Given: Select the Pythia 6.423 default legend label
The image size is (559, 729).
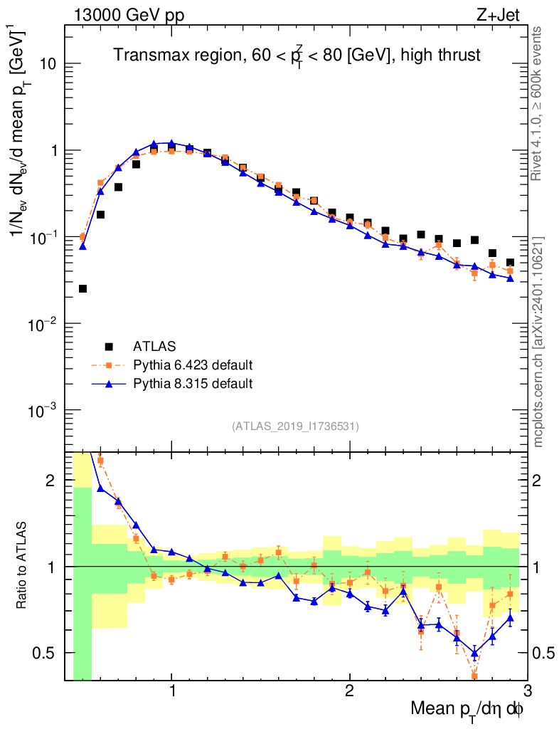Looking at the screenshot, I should point(193,365).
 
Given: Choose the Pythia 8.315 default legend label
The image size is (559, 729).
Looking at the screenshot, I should point(193,384).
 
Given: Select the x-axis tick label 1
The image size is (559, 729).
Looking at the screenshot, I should point(172,691).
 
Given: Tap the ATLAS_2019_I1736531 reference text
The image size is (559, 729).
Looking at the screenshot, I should point(295,426).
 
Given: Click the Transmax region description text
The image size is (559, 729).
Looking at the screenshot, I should point(297,55).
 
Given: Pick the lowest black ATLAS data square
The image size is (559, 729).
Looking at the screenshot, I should point(82,288).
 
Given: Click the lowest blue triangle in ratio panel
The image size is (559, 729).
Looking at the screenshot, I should point(474,653).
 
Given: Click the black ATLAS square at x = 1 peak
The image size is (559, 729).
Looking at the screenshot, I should point(171,147).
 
